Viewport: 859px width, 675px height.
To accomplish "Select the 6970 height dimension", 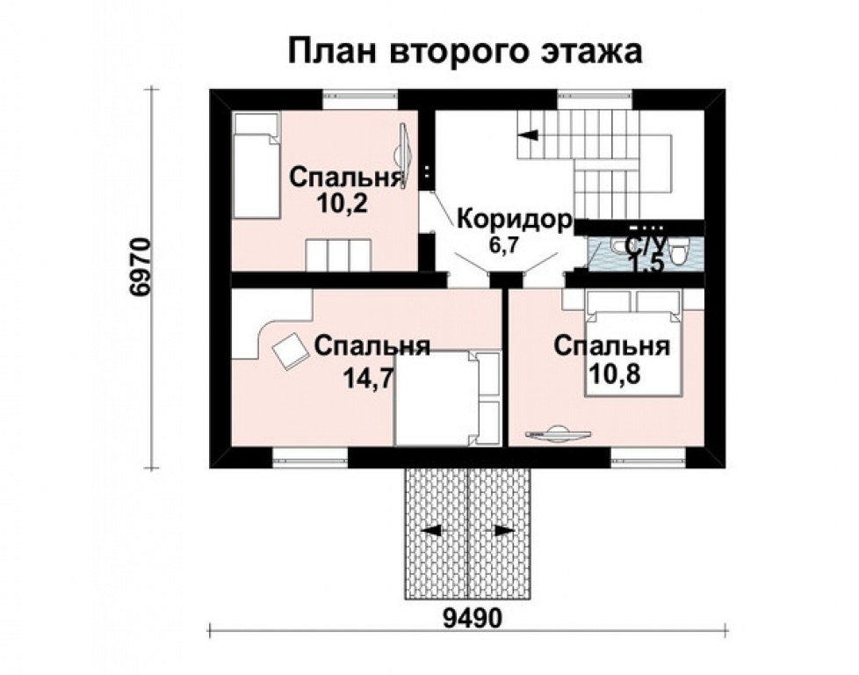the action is (x=139, y=267).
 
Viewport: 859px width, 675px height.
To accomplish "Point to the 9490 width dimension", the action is (x=473, y=619).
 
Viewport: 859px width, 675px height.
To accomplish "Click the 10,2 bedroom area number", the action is (x=341, y=203).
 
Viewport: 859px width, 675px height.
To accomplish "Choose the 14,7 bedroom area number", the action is (x=368, y=377).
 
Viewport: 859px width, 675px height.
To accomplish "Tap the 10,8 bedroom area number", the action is (x=614, y=375).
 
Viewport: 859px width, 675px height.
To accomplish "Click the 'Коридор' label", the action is (x=515, y=220).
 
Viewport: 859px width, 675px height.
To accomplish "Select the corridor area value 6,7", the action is (x=503, y=245).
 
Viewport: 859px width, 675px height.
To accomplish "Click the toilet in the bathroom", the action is (x=679, y=253).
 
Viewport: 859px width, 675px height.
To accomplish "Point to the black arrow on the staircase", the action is (x=528, y=134).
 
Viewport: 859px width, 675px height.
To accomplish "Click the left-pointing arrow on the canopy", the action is (x=431, y=530).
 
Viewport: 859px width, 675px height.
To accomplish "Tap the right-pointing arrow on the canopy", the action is (x=504, y=530).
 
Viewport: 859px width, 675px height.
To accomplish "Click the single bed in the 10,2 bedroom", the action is (x=256, y=165).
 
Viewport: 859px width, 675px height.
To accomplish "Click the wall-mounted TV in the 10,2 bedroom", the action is (x=404, y=156).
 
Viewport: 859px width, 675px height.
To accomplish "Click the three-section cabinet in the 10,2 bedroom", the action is (x=338, y=254).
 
